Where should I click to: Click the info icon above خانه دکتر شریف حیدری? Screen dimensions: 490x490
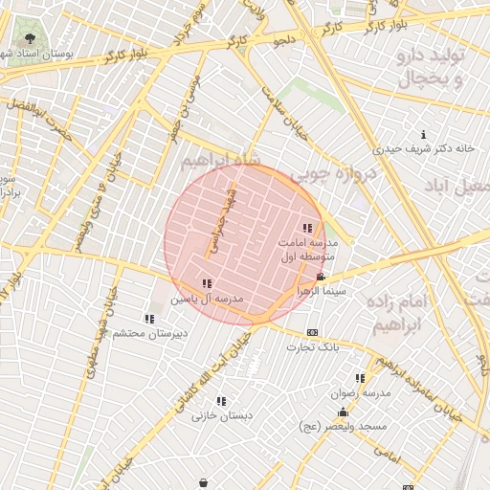tap(424, 133)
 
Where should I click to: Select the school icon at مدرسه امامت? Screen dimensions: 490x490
tap(307, 228)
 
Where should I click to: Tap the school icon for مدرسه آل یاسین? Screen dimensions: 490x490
tap(207, 283)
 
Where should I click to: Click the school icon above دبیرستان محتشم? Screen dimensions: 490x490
tap(148, 318)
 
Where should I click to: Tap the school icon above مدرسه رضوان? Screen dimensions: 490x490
tap(360, 378)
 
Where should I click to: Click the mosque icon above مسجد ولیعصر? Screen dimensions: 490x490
tap(343, 412)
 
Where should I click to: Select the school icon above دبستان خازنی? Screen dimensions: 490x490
tap(221, 401)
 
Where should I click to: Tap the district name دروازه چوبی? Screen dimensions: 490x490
tap(325, 173)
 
